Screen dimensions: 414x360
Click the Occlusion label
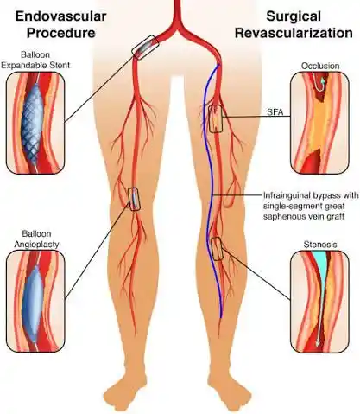321,65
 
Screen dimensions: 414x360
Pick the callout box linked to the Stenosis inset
217,249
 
